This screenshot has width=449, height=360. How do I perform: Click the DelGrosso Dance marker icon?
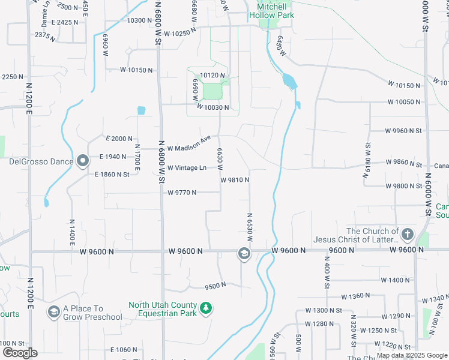coord(83,161)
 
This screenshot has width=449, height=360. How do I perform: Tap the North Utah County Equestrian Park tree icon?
coord(206,308)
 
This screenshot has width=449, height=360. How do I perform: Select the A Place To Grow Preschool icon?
coord(53,312)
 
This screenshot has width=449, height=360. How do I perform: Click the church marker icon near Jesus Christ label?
coord(408,234)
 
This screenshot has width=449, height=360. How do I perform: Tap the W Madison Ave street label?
coord(189,144)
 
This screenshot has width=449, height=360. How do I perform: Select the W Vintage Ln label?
coord(187,168)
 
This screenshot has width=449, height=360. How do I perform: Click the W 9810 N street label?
coord(235,180)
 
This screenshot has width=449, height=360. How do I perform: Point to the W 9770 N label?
coord(182,193)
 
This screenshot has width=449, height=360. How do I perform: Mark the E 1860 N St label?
coord(112,174)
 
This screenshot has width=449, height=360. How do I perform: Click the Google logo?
coord(20,353)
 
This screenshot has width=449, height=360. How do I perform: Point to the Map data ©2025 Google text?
coord(412,355)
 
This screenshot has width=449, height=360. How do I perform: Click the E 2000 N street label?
coord(118,139)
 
